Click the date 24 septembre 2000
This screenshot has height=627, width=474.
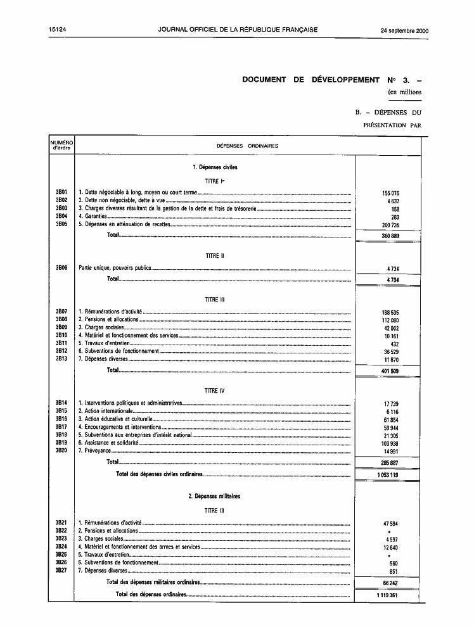404,30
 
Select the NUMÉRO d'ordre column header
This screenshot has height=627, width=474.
61,146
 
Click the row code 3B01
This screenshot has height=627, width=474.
61,192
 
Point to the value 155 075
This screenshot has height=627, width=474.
390,193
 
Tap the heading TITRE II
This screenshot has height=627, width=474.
215,256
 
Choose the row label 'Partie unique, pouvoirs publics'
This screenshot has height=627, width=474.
115,268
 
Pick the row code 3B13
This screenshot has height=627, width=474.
61,359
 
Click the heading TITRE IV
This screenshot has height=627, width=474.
215,391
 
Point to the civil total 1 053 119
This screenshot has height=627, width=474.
388,474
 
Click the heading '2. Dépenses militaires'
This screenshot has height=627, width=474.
214,497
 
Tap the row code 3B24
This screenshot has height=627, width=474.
61,547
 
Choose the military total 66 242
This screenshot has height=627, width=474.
390,583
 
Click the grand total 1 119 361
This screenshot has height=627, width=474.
388,595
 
